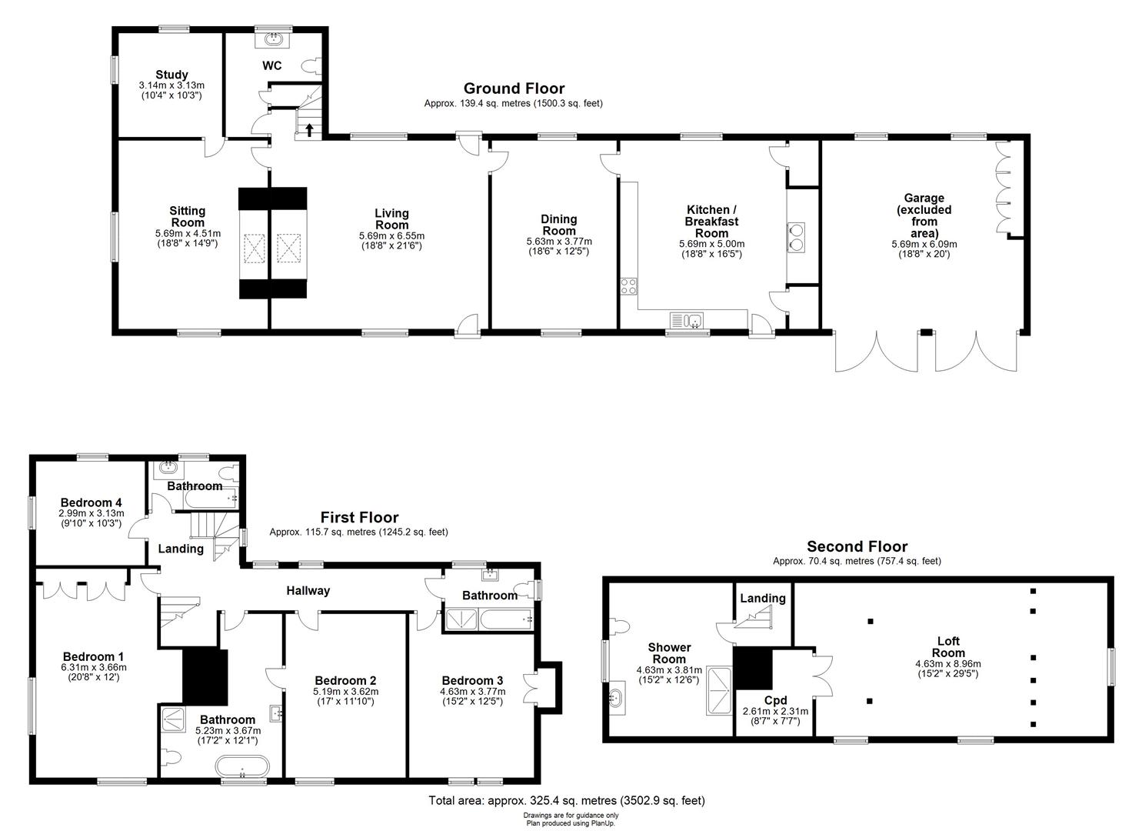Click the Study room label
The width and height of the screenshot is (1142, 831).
click(x=171, y=75)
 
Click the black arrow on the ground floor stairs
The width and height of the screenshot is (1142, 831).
click(x=308, y=129)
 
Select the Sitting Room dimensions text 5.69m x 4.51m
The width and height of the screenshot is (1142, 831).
click(x=188, y=234)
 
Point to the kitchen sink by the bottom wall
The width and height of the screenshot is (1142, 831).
click(x=687, y=320)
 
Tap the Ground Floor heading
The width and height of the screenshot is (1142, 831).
click(x=513, y=88)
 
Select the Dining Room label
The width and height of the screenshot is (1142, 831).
click(x=558, y=225)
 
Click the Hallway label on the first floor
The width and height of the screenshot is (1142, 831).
click(x=308, y=591)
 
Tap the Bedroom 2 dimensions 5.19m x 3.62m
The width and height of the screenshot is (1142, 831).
click(x=345, y=692)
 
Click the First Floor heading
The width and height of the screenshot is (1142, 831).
click(x=359, y=517)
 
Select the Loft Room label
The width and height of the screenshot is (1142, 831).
click(x=947, y=646)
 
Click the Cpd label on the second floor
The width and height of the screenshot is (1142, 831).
click(x=774, y=700)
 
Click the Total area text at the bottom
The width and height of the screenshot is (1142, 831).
click(x=566, y=801)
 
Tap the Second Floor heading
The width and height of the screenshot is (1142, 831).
click(x=857, y=546)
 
